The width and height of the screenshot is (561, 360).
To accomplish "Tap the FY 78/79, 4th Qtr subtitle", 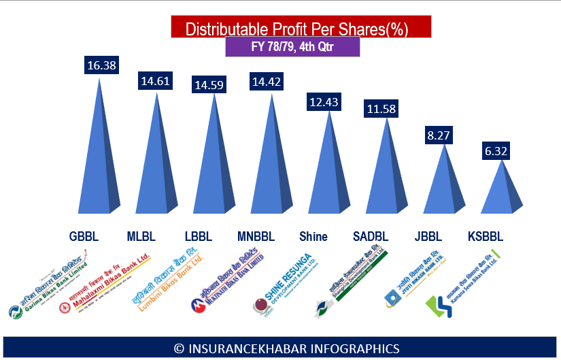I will coord(292,48).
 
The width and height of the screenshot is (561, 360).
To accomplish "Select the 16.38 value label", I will coord(101,65).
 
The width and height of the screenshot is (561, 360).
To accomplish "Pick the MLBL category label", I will coord(141,237).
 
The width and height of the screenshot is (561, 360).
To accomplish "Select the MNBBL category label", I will coord(256,237).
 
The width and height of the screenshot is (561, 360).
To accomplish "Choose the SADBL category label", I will coord(371,237).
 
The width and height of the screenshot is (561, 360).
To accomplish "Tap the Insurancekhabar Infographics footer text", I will coord(286,348).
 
